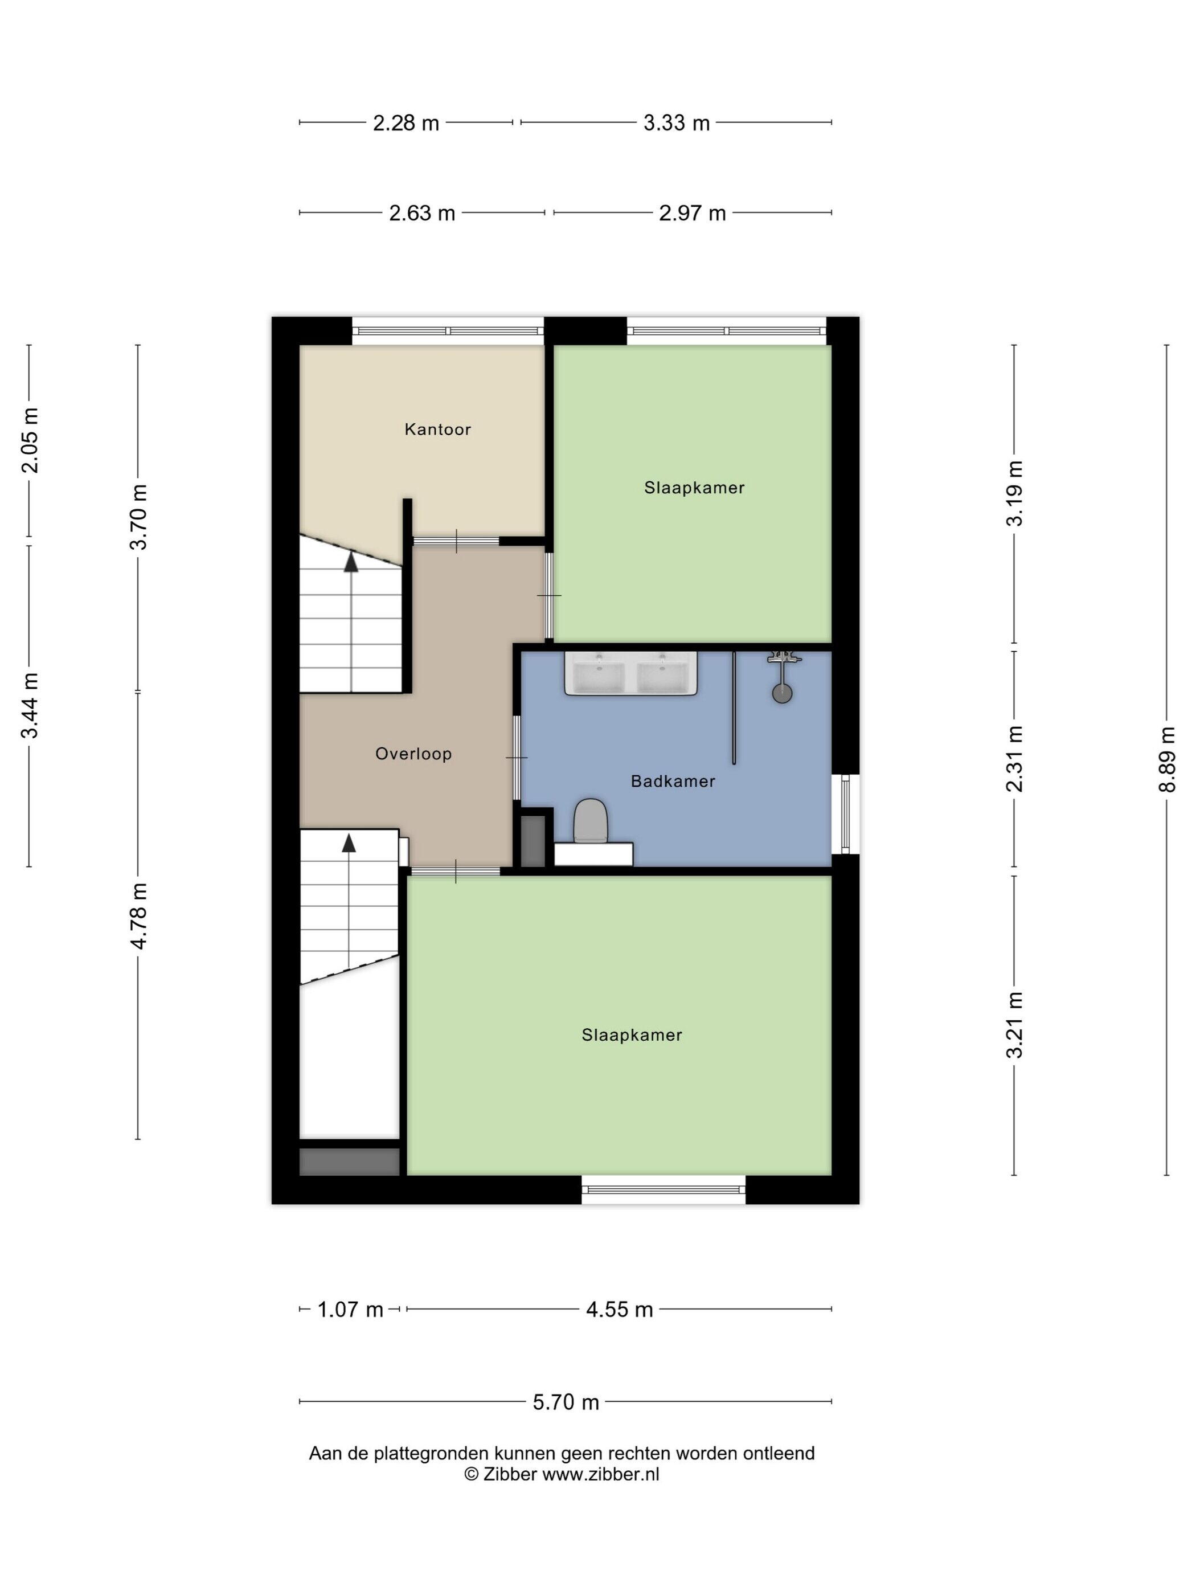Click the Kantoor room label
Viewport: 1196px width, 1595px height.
437,429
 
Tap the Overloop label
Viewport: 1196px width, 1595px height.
413,754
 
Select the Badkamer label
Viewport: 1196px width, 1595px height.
673,781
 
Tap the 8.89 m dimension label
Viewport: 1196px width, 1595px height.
1167,759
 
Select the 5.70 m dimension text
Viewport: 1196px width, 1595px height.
566,1402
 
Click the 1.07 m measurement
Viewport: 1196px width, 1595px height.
350,1310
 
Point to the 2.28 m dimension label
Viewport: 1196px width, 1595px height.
406,123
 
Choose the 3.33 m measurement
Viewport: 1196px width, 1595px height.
676,123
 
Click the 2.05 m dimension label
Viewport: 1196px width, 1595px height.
30,440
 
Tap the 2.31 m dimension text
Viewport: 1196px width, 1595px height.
1014,759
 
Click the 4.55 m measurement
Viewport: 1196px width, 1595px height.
619,1310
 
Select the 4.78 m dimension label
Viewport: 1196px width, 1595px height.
138,916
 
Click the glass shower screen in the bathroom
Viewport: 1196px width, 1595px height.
734,707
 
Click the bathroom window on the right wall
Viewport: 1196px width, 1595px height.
845,814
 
